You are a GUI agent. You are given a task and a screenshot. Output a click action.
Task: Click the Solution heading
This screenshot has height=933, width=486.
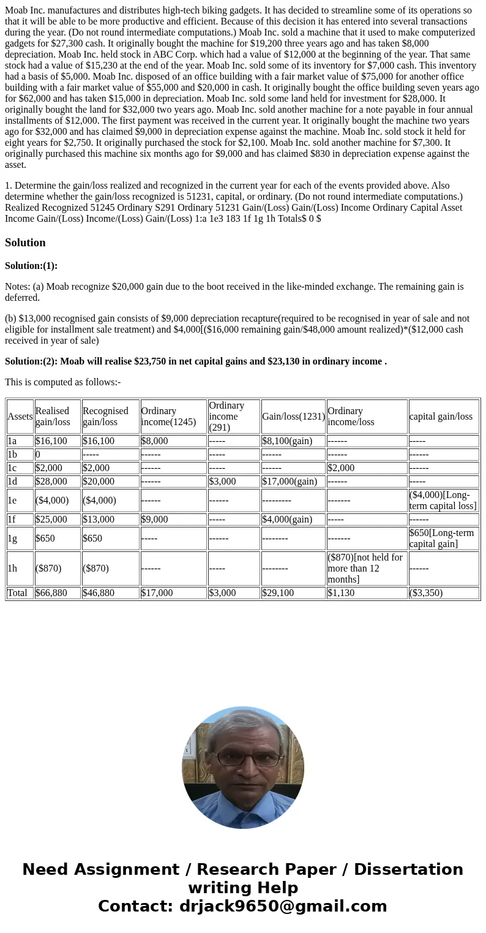pyautogui.click(x=25, y=243)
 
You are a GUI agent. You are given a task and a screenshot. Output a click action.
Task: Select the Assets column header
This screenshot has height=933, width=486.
pyautogui.click(x=20, y=417)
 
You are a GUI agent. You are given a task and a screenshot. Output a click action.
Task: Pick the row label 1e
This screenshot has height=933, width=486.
pyautogui.click(x=12, y=500)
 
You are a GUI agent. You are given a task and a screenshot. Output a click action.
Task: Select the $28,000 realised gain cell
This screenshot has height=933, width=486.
pyautogui.click(x=51, y=482)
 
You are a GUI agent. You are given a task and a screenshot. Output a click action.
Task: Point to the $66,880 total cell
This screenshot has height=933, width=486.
pyautogui.click(x=51, y=593)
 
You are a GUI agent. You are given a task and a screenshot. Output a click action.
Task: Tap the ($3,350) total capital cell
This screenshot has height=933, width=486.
pyautogui.click(x=426, y=593)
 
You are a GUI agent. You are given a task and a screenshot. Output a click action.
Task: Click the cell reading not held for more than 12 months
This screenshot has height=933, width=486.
pyautogui.click(x=365, y=568)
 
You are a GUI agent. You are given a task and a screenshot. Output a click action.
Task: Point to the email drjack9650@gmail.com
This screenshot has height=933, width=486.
pyautogui.click(x=283, y=907)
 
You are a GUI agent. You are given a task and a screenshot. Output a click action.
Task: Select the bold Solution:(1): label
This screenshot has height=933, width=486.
pyautogui.click(x=31, y=266)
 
